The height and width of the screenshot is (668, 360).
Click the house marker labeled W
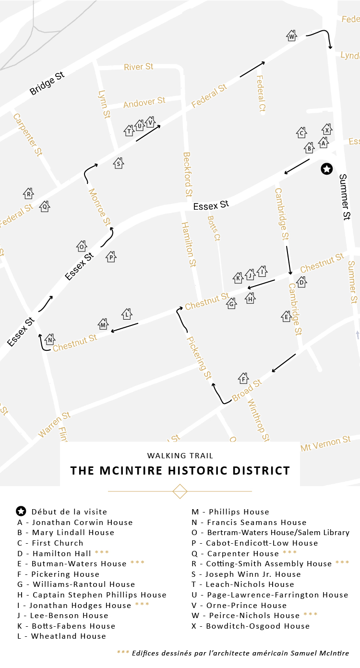tap(291, 36)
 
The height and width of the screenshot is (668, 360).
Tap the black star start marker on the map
tap(327, 168)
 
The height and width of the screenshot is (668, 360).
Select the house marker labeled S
tap(119, 163)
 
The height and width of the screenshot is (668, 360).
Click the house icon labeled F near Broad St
tap(243, 379)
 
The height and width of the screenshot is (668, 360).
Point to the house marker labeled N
tap(50, 339)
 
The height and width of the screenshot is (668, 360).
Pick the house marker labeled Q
tap(45, 206)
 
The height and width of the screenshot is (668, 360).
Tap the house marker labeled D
tap(301, 282)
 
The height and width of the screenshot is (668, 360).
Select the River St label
tap(138, 67)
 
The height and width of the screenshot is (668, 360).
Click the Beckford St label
tap(188, 175)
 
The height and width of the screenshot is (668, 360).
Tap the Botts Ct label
tap(214, 228)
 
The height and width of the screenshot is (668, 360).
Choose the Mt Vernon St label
tap(325, 444)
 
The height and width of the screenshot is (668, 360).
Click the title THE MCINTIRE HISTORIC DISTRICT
tap(180, 470)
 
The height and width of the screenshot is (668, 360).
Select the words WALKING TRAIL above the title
tap(180, 455)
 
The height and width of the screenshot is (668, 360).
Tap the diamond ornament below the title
tap(180, 491)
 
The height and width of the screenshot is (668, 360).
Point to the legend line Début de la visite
tap(69, 512)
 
